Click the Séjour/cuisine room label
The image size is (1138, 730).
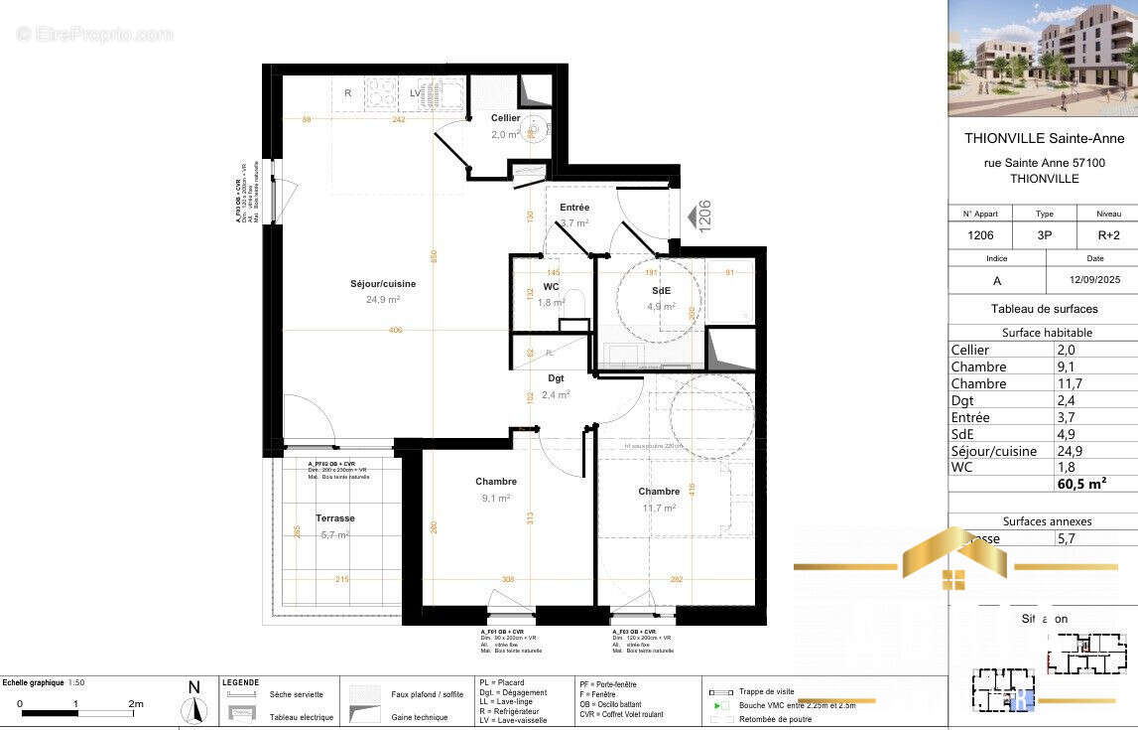[x=382, y=284]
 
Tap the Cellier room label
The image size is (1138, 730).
[x=505, y=118]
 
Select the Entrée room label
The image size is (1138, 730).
[x=573, y=208]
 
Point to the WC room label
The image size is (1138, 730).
[x=551, y=287]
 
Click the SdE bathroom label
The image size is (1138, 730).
[x=662, y=291]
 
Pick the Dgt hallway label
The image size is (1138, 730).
[x=557, y=378]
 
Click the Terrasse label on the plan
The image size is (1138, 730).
[x=334, y=518]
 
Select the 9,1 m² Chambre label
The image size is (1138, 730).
[x=495, y=483]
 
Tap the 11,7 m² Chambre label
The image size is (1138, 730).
[x=659, y=492]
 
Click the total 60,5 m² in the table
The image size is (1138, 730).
[x=1081, y=485]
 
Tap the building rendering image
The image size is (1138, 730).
[x=1042, y=59]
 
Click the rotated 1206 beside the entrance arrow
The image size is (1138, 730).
[x=704, y=216]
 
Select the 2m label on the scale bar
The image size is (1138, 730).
[x=136, y=704]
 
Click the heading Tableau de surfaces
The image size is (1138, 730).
[x=1044, y=309]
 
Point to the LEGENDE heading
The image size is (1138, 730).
[x=240, y=682]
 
